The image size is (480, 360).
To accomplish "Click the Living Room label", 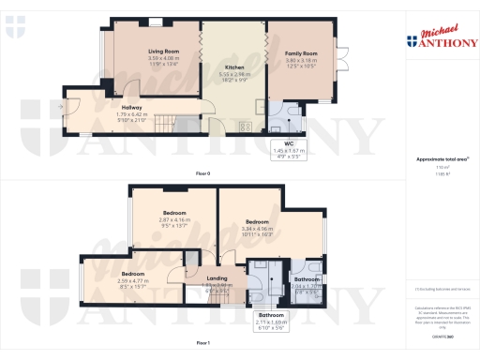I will [x=156, y=52].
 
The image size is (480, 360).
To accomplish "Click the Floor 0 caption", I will [x=202, y=174].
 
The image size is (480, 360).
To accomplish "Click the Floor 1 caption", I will [x=202, y=344].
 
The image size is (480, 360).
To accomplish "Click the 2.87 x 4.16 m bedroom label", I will [x=173, y=213].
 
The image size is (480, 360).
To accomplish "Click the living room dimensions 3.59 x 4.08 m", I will [x=156, y=59].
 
